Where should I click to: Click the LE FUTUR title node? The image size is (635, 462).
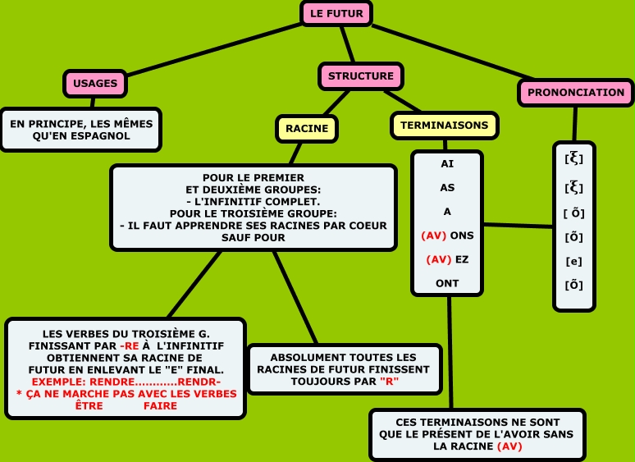[336, 14]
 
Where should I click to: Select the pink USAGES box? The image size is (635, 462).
[95, 83]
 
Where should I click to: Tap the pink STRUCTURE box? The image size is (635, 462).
[361, 76]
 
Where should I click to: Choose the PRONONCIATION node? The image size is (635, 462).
[576, 93]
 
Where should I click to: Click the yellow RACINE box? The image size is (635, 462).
[307, 128]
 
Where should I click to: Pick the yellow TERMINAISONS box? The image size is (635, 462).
[445, 126]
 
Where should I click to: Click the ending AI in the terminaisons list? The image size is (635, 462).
[447, 164]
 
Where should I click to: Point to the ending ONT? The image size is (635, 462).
[447, 283]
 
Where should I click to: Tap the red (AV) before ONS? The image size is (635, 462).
[433, 236]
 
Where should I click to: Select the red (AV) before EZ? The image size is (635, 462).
[438, 259]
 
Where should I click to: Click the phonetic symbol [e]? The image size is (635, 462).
[574, 261]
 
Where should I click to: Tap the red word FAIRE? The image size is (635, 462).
[160, 405]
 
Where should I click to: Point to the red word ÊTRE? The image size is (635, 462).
[89, 405]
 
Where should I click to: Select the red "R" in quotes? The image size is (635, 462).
[390, 382]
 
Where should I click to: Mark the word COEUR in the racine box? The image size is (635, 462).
[367, 225]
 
